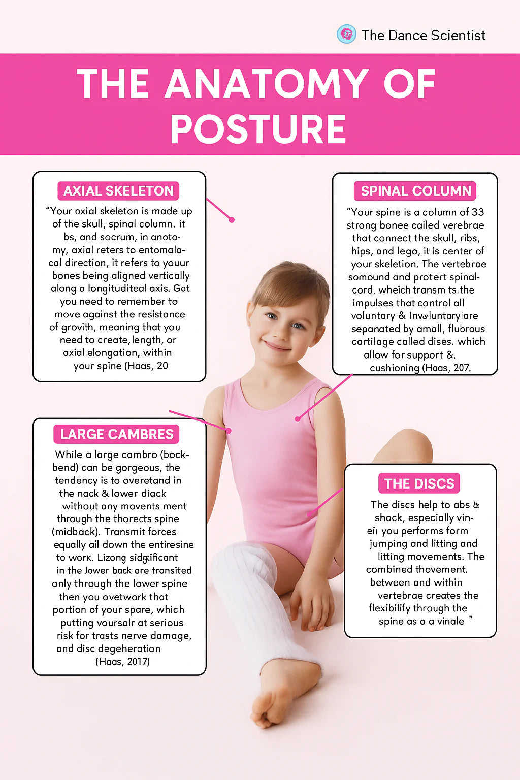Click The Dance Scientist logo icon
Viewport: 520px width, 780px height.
(347, 35)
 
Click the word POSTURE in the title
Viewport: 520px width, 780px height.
(258, 129)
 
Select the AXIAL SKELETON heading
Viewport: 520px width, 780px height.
(118, 191)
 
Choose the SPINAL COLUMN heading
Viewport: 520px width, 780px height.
(415, 191)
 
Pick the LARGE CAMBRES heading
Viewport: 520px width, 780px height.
(117, 434)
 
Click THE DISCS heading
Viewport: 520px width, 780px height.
(419, 483)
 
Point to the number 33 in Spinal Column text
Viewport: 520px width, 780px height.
(477, 212)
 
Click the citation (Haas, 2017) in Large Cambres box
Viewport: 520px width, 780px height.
(122, 662)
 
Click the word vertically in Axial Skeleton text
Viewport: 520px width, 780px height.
(165, 276)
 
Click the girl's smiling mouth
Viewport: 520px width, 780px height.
(277, 347)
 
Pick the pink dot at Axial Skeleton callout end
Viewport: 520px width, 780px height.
(232, 220)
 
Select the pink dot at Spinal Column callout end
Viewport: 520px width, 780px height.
(298, 419)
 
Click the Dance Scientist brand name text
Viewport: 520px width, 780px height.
(423, 35)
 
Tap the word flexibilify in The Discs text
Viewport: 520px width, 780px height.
(398, 608)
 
